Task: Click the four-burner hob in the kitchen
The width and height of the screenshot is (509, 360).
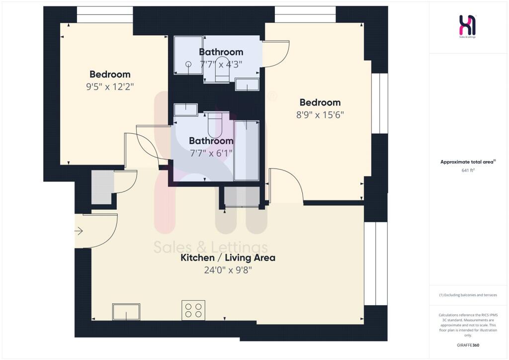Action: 193,310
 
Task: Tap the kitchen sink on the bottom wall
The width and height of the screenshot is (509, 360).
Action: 126,312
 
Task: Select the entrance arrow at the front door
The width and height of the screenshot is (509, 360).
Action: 79,231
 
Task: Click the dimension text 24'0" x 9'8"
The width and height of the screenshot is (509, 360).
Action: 228,270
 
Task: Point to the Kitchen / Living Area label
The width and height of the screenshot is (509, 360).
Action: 228,258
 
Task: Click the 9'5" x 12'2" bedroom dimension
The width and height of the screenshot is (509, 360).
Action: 110,87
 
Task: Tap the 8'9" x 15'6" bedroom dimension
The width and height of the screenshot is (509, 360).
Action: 320,115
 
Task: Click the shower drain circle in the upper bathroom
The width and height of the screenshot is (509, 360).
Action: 188,64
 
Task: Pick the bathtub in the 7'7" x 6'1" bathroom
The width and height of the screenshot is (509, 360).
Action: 247,151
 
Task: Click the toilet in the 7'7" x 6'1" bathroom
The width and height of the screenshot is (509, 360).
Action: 215,125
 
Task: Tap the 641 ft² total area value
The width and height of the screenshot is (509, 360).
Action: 468,170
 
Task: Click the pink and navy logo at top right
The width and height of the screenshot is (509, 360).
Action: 468,25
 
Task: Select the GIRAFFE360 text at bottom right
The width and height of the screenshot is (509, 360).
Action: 468,345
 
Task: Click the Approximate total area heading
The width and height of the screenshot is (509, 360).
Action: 468,162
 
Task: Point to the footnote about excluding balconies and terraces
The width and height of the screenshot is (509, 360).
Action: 468,295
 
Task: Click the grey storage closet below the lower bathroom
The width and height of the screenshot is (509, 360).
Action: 242,197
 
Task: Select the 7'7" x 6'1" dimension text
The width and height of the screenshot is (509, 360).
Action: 211,153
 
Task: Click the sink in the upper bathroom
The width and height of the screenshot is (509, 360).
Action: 247,85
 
